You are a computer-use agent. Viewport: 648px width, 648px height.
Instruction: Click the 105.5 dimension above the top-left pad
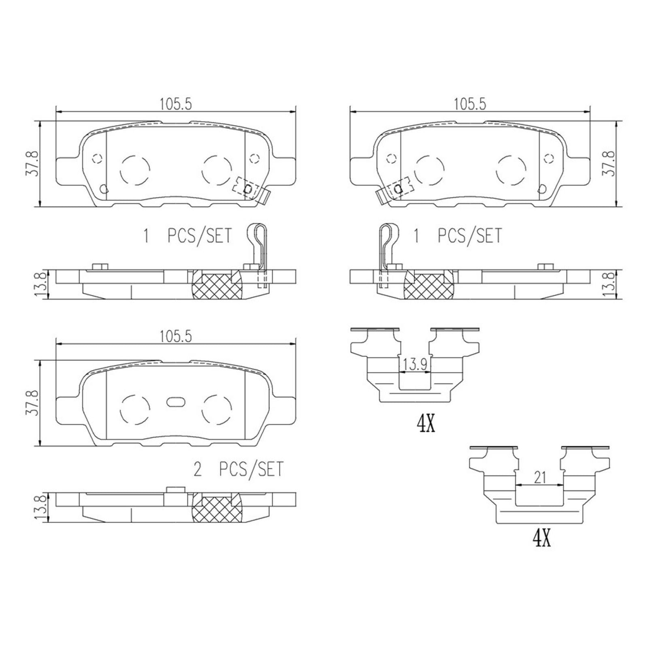click(x=175, y=104)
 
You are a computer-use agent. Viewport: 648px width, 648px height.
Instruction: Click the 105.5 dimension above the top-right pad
click(x=470, y=104)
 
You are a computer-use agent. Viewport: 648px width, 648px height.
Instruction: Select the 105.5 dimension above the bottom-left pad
click(x=175, y=336)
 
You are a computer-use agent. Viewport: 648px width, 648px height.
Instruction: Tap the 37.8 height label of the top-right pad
click(x=609, y=163)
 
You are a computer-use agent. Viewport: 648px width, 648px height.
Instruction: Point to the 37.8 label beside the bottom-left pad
click(x=33, y=403)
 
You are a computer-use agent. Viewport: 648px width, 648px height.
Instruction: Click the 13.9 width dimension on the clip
click(x=414, y=365)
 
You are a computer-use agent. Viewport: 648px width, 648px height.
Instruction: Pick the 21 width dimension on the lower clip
click(x=540, y=477)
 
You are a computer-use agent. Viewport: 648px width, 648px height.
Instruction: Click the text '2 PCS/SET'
click(x=239, y=469)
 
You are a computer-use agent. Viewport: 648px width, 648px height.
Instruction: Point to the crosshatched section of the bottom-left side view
click(x=217, y=509)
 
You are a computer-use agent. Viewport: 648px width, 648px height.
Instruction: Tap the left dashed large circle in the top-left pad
click(x=135, y=170)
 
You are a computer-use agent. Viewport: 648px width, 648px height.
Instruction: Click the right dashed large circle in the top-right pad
click(x=511, y=170)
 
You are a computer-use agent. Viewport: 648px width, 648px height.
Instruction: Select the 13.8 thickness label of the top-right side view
click(x=609, y=285)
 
